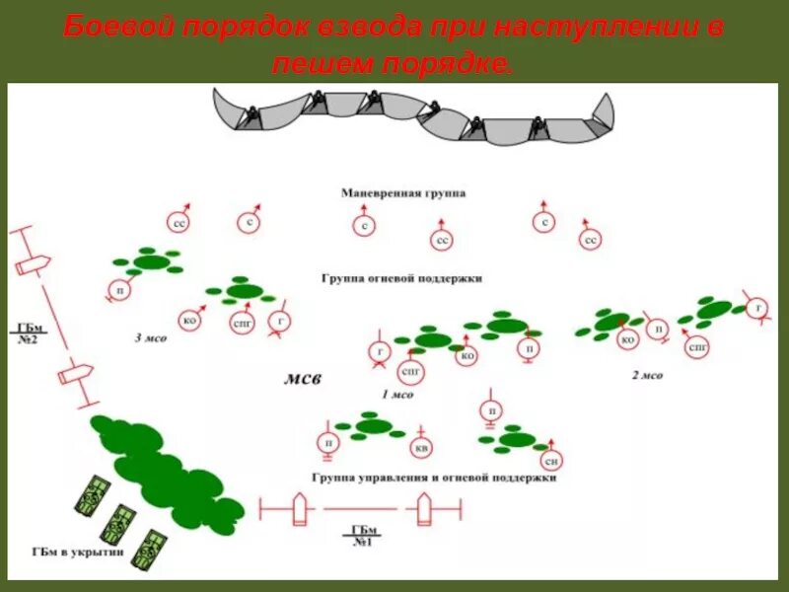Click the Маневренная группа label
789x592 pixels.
403,194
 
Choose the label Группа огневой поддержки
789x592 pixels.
401,279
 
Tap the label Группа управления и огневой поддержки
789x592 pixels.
435,478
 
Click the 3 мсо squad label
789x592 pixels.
151,337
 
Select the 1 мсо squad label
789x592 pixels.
397,394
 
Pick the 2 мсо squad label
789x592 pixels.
647,375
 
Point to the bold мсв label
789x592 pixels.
303,378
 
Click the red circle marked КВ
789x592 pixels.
422,450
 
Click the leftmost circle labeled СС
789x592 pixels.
179,224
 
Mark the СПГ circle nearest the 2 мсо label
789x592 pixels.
698,347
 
